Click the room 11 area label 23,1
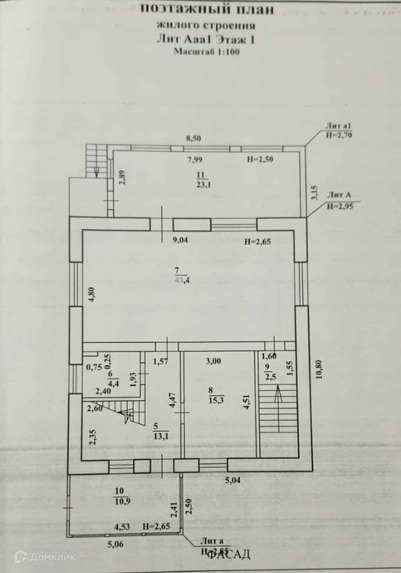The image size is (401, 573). pyautogui.click(x=203, y=185)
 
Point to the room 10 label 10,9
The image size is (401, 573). pyautogui.click(x=122, y=501)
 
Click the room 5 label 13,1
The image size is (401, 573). pyautogui.click(x=161, y=436)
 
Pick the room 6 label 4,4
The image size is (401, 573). pyautogui.click(x=113, y=384)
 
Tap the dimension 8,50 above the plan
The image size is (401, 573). pyautogui.click(x=193, y=138)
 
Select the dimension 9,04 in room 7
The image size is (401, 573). pyautogui.click(x=180, y=240)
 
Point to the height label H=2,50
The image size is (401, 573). pyautogui.click(x=260, y=160)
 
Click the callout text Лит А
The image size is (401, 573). pyautogui.click(x=339, y=195)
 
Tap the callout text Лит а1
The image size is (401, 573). pyautogui.click(x=338, y=126)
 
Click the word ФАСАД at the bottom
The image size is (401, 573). pyautogui.click(x=228, y=554)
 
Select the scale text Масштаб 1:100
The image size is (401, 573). pyautogui.click(x=207, y=52)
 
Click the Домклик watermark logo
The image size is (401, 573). pyautogui.click(x=45, y=557)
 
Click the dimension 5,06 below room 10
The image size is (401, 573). pyautogui.click(x=115, y=545)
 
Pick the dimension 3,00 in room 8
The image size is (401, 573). pyautogui.click(x=213, y=361)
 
